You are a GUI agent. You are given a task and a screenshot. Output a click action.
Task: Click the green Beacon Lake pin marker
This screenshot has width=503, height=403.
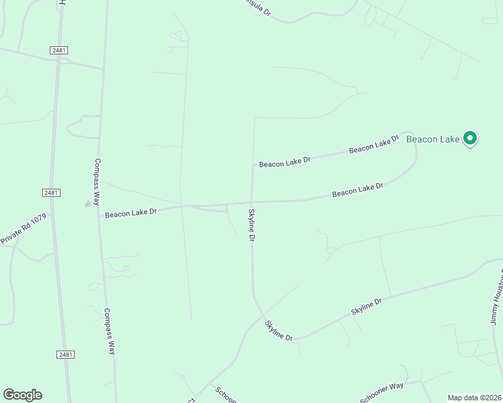pyautogui.click(x=470, y=138)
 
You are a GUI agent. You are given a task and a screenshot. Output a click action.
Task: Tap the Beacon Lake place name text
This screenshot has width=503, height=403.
pyautogui.click(x=432, y=140)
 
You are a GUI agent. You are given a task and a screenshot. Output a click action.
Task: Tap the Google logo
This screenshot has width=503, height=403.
pyautogui.click(x=22, y=395)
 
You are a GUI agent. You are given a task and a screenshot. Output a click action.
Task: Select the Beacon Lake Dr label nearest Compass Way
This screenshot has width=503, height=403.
pyautogui.click(x=130, y=212)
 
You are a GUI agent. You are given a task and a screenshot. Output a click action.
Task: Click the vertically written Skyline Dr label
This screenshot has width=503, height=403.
pyautogui.click(x=252, y=225)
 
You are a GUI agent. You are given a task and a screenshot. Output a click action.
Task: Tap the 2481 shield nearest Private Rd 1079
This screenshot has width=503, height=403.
pyautogui.click(x=52, y=193)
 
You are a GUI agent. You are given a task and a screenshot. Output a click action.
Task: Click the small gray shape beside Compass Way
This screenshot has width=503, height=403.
pyautogui.click(x=87, y=204)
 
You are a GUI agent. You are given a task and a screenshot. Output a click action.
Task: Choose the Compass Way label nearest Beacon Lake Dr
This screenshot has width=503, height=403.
pyautogui.click(x=98, y=181)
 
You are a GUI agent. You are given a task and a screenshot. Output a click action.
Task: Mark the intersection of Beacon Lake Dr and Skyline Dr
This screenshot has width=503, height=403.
pyautogui.click(x=251, y=202)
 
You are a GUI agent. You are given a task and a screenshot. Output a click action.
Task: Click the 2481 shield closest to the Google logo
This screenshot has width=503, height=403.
pyautogui.click(x=65, y=354)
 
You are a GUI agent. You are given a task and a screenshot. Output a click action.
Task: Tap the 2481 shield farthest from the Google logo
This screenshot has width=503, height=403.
pyautogui.click(x=59, y=50)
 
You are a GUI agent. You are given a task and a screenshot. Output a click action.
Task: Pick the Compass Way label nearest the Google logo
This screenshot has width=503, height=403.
pyautogui.click(x=110, y=330)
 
